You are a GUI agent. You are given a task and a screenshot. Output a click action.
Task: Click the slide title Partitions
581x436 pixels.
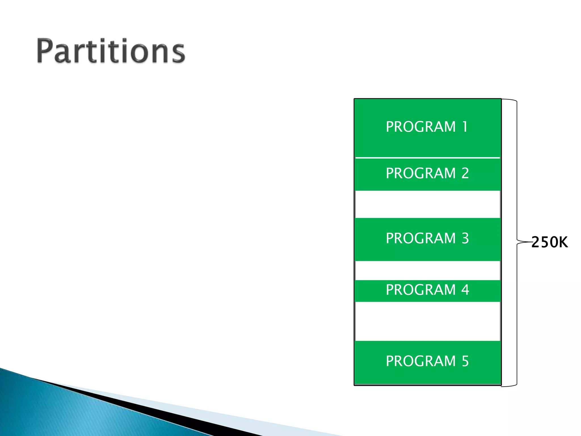(111, 51)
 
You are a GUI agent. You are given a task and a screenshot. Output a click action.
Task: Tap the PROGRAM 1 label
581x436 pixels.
(427, 127)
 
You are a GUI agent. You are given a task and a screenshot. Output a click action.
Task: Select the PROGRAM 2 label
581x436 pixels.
(427, 173)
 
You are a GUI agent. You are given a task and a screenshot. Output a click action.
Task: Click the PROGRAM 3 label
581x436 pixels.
(427, 238)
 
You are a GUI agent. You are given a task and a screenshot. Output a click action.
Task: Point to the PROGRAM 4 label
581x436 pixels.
(427, 290)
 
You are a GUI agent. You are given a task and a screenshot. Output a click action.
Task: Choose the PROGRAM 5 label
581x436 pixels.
(427, 361)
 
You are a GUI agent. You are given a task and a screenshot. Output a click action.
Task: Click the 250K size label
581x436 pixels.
(550, 242)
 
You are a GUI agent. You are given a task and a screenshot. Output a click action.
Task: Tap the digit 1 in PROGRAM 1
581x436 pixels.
(465, 127)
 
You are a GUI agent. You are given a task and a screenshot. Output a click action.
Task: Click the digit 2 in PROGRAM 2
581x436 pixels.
(465, 173)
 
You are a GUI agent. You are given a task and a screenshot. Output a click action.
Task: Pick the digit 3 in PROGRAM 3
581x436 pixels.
(465, 238)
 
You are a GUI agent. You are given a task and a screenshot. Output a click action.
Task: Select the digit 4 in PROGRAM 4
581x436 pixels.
(465, 290)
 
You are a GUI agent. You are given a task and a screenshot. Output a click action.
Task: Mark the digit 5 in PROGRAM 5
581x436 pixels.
(465, 361)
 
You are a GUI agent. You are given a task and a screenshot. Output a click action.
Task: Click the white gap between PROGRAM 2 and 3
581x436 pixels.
(427, 204)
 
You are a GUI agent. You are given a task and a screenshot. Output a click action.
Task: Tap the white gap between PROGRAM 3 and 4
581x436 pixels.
(427, 271)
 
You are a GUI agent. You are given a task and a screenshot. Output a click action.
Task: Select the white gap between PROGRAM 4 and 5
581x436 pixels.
(427, 321)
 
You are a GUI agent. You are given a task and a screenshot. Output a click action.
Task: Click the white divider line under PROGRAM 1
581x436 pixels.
(427, 158)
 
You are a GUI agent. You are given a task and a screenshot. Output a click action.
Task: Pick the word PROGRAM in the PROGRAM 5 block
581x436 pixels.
(420, 361)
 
